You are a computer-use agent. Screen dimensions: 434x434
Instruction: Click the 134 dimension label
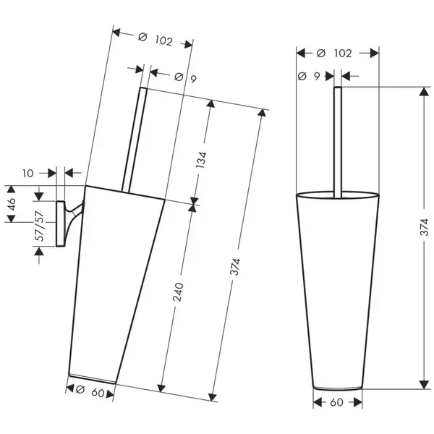(x=201, y=160)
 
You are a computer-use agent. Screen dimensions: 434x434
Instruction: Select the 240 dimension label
(x=178, y=292)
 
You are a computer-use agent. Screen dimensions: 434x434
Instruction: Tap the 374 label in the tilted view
(x=236, y=267)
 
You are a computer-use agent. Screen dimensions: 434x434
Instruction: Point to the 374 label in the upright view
(x=424, y=226)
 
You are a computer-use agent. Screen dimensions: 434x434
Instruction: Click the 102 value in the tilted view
(x=164, y=41)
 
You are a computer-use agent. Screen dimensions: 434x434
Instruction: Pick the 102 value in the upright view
(x=343, y=53)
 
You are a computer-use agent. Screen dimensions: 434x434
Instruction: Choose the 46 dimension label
(x=12, y=204)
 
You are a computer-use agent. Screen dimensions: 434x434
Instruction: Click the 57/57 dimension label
(x=40, y=226)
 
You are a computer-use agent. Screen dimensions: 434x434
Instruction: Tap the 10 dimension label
(x=27, y=174)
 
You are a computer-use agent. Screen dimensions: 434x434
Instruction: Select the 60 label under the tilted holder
(x=98, y=393)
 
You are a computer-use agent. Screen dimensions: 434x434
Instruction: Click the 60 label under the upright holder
(x=336, y=402)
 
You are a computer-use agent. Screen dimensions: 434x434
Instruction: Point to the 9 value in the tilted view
(x=193, y=79)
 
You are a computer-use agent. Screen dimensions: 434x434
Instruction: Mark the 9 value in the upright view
(x=317, y=76)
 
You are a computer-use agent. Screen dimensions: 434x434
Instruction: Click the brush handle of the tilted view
(x=135, y=140)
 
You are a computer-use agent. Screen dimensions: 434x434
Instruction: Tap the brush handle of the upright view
(x=337, y=142)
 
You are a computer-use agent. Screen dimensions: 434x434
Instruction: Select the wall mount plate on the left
(x=60, y=224)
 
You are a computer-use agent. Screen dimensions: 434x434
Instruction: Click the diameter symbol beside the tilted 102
(x=142, y=37)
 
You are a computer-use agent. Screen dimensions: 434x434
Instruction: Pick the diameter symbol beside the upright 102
(x=320, y=53)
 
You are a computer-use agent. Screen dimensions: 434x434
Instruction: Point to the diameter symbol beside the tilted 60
(x=80, y=390)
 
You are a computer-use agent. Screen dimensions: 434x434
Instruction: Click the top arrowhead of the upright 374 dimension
(x=424, y=92)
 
